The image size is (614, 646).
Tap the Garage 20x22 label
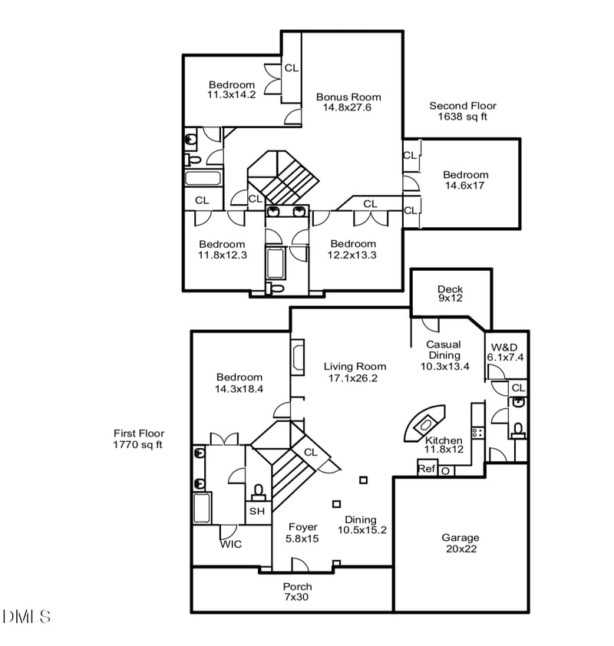pyautogui.click(x=460, y=542)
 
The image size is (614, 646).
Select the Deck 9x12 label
pyautogui.click(x=451, y=294)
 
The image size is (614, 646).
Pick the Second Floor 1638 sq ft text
pyautogui.click(x=462, y=111)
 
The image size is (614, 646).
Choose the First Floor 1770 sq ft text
pyautogui.click(x=138, y=439)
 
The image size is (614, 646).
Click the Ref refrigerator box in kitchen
pyautogui.click(x=427, y=469)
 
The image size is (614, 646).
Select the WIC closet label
pyautogui.click(x=231, y=544)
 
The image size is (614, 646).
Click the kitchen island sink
pyautogui.click(x=425, y=423)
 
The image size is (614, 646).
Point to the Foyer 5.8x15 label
pyautogui.click(x=303, y=532)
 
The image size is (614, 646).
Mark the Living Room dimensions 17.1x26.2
pyautogui.click(x=355, y=377)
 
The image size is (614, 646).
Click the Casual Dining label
pyautogui.click(x=444, y=350)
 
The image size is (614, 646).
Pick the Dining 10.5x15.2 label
pyautogui.click(x=361, y=524)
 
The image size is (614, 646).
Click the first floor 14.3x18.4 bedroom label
pyautogui.click(x=239, y=383)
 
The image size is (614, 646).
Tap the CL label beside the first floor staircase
pyautogui.click(x=311, y=452)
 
